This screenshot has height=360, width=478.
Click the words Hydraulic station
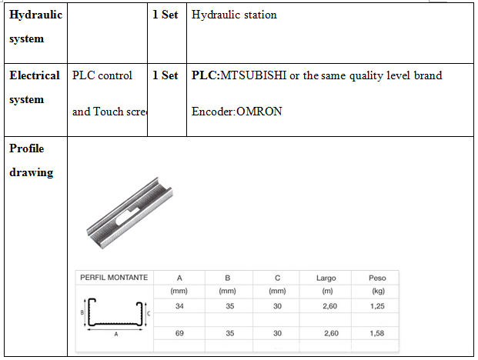(234, 15)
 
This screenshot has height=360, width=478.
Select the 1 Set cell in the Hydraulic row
(165, 15)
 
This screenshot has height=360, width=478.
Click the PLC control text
(102, 75)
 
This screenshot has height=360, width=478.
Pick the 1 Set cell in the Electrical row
(165, 75)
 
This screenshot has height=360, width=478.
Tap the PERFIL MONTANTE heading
(114, 278)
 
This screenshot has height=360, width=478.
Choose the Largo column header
(326, 278)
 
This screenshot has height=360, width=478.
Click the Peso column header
(377, 278)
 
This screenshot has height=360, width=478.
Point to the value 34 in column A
(179, 306)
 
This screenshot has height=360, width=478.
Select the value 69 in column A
(179, 333)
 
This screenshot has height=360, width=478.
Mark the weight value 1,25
(377, 306)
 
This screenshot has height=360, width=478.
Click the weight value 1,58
(377, 333)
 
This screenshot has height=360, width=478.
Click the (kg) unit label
(377, 291)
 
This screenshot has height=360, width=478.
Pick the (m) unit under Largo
(326, 291)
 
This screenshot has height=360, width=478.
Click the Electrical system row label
(34, 87)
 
